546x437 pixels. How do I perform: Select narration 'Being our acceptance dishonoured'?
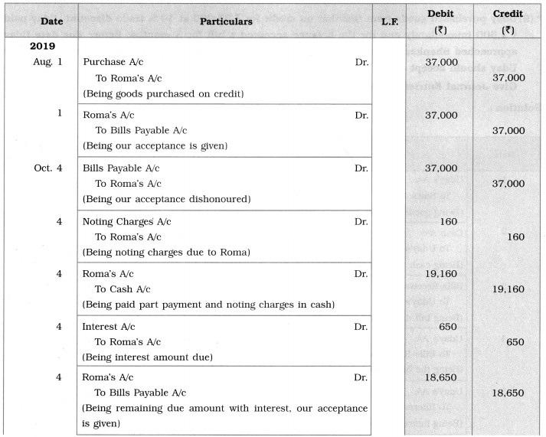[168, 199]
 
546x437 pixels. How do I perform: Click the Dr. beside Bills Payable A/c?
[361, 168]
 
